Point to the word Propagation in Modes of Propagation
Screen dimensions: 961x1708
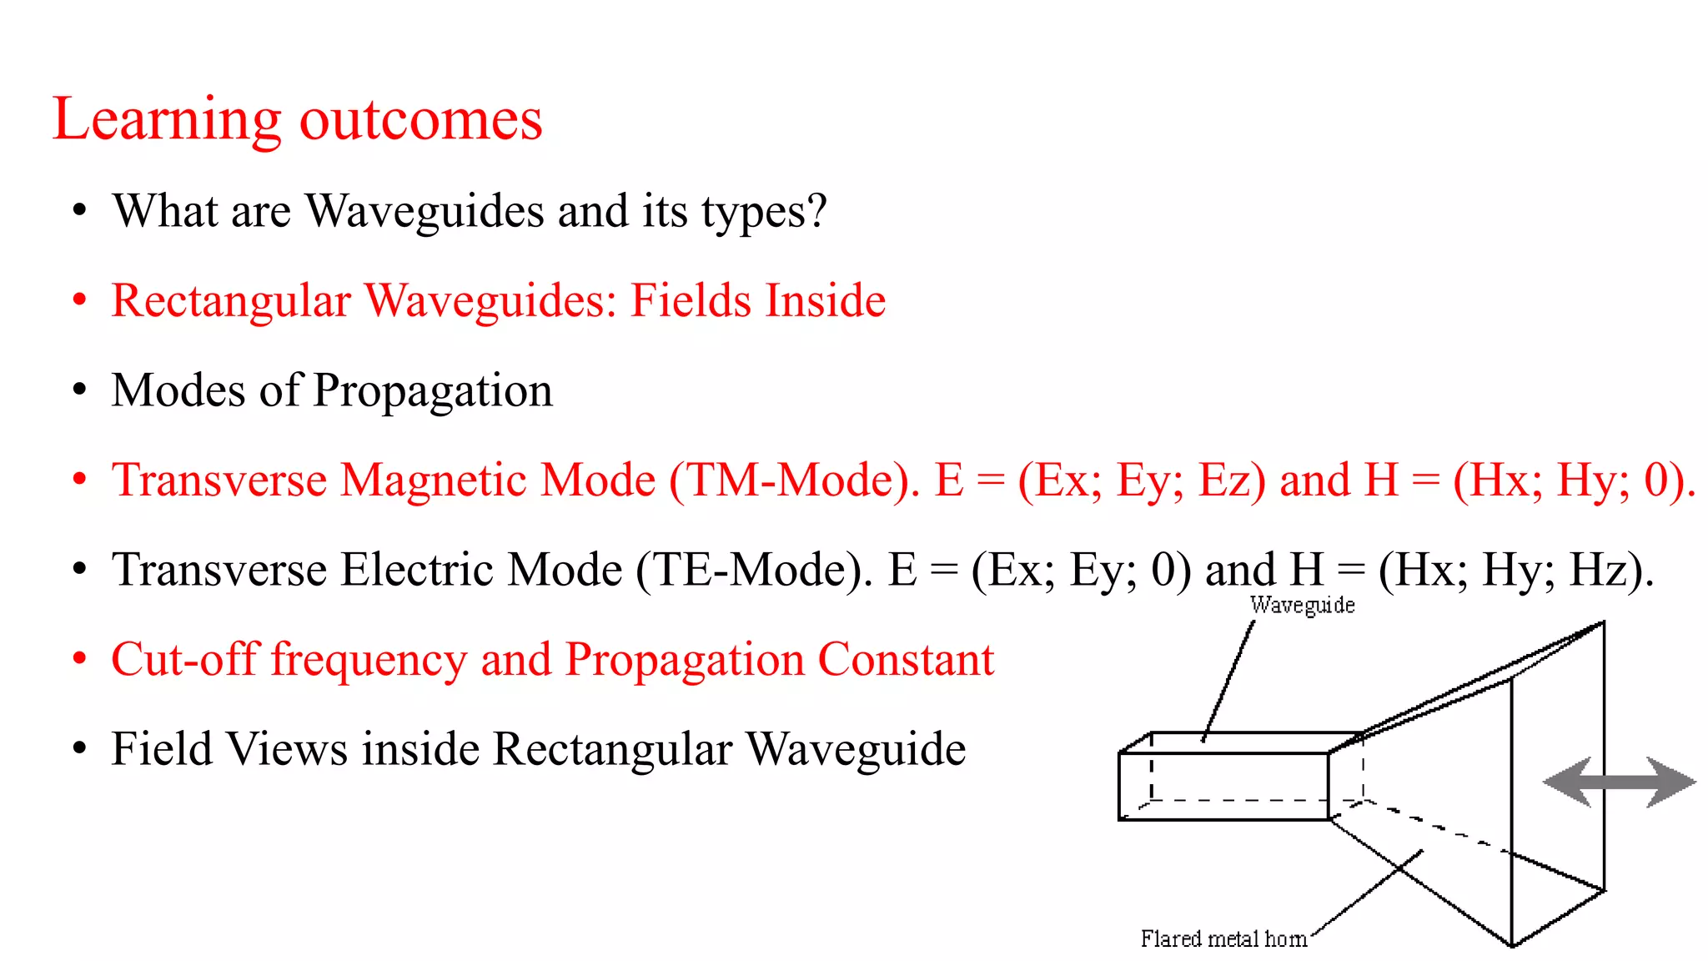pos(433,390)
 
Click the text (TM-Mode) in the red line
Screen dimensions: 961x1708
pos(794,480)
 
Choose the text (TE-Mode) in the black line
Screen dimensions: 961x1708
pos(754,571)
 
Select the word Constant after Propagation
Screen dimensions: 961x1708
pos(906,659)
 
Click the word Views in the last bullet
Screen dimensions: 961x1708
pos(287,748)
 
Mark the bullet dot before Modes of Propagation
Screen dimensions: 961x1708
pos(79,390)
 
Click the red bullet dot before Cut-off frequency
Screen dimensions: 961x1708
pos(79,659)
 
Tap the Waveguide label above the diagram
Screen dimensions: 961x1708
pos(1302,605)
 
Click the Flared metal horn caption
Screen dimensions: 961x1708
pos(1223,939)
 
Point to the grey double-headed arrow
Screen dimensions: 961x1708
pos(1619,782)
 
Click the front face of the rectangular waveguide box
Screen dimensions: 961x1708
pos(1223,787)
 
